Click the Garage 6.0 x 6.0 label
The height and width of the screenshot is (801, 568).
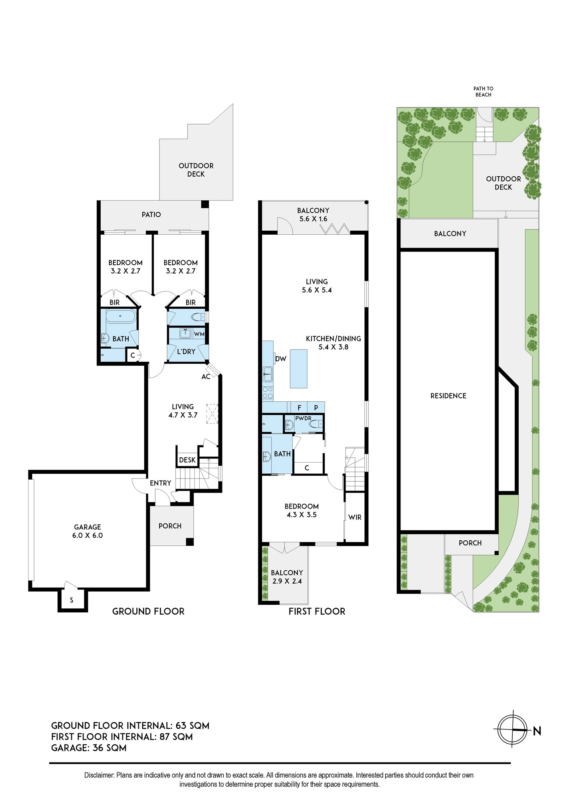87,531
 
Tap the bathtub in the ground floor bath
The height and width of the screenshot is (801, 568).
121,316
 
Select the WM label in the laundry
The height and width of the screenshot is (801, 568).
199,334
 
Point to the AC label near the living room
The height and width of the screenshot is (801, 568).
206,377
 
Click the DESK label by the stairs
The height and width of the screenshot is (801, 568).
187,460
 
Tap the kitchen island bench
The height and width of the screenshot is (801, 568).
299,368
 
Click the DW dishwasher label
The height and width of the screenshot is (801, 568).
281,359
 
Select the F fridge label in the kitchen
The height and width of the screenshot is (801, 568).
299,408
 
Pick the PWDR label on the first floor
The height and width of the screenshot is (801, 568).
303,419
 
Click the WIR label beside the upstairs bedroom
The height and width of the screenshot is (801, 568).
355,517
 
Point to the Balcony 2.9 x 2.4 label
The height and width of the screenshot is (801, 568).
287,577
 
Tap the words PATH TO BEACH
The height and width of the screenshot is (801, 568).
483,92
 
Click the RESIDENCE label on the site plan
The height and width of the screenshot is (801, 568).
448,396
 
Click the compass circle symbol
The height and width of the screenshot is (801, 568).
512,730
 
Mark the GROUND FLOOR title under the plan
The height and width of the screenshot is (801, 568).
148,611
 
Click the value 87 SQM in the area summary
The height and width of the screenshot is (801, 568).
176,737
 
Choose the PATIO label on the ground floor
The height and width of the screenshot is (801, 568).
151,215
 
